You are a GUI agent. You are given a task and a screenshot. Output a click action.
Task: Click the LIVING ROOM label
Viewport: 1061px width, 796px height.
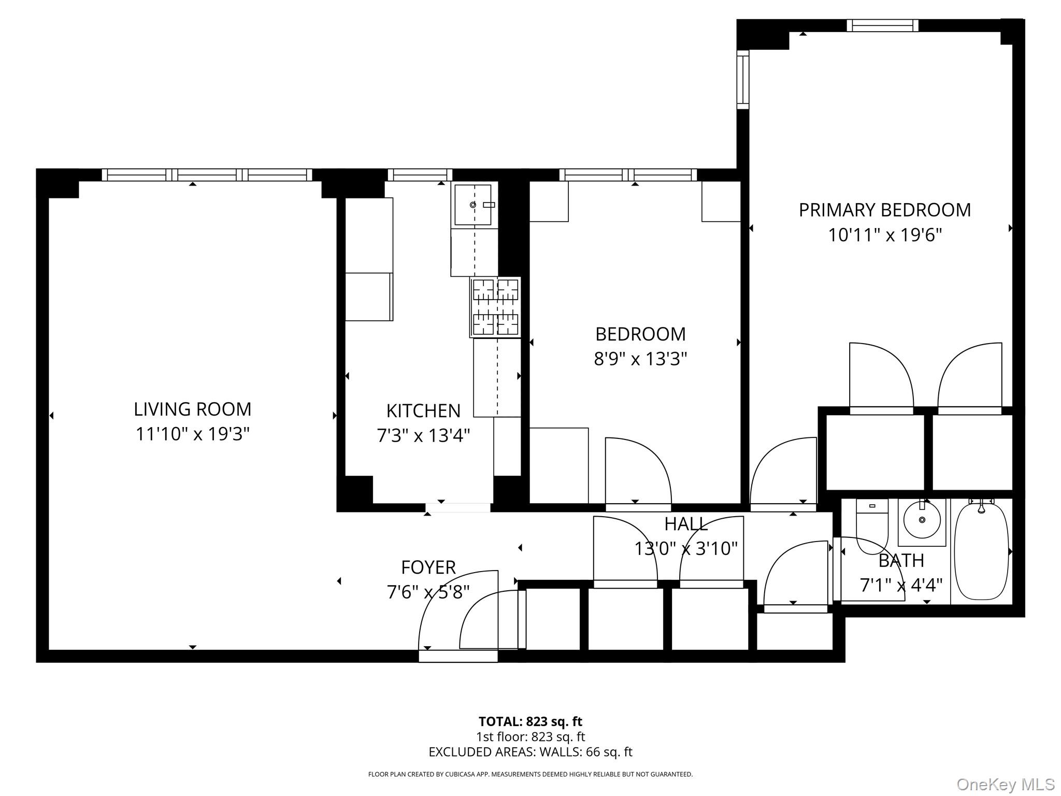[x=192, y=409]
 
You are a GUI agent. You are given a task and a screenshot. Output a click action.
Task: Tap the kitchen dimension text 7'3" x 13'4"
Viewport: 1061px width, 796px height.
[x=423, y=436]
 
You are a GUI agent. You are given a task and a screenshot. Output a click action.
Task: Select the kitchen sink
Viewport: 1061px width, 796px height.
[x=472, y=205]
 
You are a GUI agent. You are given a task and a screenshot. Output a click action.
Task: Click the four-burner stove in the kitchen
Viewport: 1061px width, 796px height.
[x=495, y=307]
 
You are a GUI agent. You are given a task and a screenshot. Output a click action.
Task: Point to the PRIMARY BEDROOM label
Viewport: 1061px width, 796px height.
[x=884, y=210]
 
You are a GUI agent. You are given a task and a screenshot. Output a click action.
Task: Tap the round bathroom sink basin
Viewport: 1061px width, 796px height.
[x=922, y=519]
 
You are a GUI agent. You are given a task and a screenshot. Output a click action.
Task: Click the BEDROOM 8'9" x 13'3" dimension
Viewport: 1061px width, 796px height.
[x=640, y=359]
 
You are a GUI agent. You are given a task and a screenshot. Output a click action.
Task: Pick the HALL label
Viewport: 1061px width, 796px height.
[x=686, y=524]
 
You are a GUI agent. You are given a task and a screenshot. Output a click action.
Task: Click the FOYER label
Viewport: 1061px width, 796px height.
[x=428, y=567]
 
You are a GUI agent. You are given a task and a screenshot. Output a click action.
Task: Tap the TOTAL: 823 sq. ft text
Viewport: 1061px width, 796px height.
[x=530, y=721]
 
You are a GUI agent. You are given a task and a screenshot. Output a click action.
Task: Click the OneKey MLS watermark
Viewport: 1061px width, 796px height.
[x=1005, y=784]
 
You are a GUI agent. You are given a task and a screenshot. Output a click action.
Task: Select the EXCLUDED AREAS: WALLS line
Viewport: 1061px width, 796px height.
[x=530, y=752]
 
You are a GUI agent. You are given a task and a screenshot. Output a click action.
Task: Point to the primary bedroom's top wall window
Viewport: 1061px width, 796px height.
[x=882, y=25]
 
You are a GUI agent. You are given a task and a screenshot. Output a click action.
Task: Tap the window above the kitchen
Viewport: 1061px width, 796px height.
[x=420, y=175]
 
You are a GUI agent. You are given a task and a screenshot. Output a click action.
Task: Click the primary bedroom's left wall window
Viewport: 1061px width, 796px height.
[x=743, y=79]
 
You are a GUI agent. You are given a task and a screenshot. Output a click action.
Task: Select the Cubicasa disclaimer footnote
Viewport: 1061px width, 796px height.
[x=530, y=774]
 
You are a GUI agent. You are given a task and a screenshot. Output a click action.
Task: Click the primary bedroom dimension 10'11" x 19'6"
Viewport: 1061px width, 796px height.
[x=884, y=235]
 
